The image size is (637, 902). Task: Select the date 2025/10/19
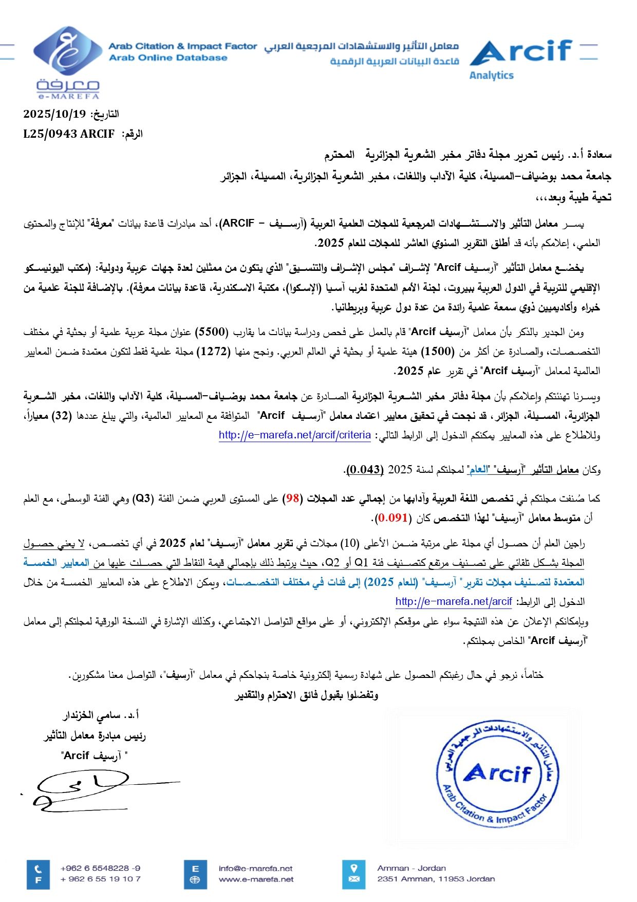[54, 114]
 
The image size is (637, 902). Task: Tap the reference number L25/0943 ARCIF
[69, 134]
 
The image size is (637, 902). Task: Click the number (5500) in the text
[212, 332]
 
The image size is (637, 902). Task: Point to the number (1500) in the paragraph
[438, 352]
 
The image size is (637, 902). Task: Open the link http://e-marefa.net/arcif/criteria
[294, 435]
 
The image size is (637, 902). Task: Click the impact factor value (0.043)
[365, 470]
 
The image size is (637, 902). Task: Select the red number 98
[293, 499]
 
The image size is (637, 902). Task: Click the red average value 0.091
[393, 518]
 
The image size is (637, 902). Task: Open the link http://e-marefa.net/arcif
[453, 602]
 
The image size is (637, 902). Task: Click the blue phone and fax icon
[38, 874]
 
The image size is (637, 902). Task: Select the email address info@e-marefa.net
[255, 869]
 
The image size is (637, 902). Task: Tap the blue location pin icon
[353, 874]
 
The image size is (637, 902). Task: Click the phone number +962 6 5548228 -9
[100, 869]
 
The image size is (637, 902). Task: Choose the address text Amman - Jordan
[411, 869]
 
